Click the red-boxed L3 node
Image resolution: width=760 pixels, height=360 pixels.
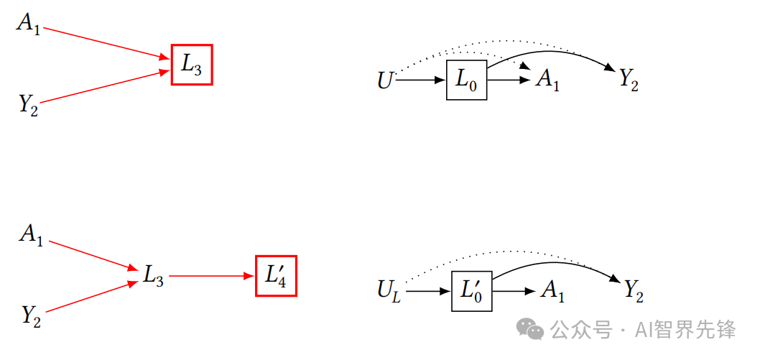click(x=192, y=65)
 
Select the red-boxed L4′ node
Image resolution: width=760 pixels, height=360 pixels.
click(x=276, y=276)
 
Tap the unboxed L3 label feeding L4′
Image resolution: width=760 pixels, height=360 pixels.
click(x=153, y=275)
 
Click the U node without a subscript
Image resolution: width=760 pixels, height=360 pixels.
click(x=385, y=80)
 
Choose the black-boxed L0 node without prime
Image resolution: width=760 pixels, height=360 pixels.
click(x=466, y=80)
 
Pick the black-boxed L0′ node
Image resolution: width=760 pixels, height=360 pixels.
click(x=471, y=291)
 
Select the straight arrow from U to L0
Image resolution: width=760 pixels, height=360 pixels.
click(x=421, y=80)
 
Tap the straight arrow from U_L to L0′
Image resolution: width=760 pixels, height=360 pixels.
click(x=427, y=291)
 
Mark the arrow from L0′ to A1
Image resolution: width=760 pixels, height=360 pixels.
click(x=513, y=291)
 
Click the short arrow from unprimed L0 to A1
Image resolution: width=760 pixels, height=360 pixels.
click(x=508, y=80)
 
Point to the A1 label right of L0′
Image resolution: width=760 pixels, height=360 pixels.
click(x=552, y=291)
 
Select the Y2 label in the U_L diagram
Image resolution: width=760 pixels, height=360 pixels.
click(x=633, y=291)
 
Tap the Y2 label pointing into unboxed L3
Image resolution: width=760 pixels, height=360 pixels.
click(x=30, y=315)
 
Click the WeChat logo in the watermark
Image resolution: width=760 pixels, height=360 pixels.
click(x=532, y=330)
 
